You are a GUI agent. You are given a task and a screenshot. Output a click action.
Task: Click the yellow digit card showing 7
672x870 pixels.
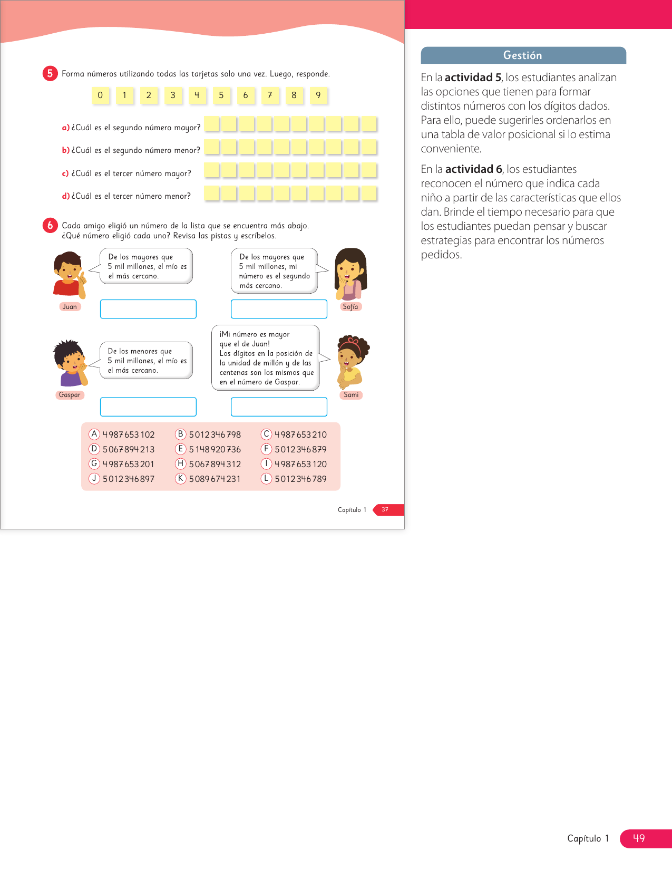coord(270,95)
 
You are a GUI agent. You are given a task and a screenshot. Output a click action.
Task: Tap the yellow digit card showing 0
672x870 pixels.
coord(100,95)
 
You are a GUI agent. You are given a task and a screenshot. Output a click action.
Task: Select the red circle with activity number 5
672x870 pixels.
coord(50,73)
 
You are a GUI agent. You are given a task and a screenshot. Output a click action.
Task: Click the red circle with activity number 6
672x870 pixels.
coord(50,225)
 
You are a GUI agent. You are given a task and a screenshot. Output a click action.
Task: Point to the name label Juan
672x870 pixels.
coord(70,307)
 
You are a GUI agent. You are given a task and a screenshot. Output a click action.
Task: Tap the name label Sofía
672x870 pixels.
coord(350,307)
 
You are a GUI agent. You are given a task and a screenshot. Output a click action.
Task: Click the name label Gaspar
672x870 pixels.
coord(70,395)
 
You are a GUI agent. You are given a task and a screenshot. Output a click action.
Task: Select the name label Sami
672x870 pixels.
coord(351,395)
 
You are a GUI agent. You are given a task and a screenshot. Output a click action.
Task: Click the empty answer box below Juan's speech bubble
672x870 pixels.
coord(148,309)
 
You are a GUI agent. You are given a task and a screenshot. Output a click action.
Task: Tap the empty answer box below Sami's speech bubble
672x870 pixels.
coord(279,407)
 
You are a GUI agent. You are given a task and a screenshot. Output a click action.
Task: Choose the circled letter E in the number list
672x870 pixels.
coord(181,449)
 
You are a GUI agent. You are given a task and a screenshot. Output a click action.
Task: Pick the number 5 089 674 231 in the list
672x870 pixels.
coord(215,479)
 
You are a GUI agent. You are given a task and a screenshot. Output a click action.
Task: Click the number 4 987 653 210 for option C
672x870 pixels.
coord(300,434)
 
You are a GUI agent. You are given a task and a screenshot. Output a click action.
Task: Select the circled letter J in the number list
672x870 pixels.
coord(94,478)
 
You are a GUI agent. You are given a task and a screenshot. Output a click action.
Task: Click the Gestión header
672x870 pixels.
coord(523,55)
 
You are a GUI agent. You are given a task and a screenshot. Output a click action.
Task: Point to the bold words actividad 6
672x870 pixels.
coord(473,169)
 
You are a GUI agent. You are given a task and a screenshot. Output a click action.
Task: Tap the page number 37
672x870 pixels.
coord(385,509)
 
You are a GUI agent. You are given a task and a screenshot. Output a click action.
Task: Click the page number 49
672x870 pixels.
coord(639,838)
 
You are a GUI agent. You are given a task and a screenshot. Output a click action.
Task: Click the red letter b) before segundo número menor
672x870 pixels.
coord(66,150)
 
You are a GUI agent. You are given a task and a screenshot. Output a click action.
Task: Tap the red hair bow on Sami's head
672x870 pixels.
coord(350,342)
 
